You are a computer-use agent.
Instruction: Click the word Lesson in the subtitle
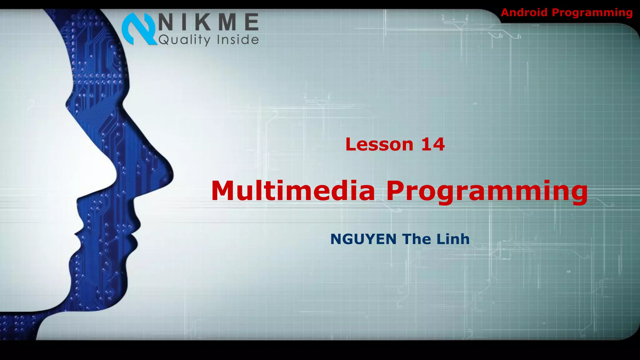pyautogui.click(x=379, y=145)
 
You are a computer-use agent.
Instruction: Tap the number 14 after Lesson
pyautogui.click(x=433, y=145)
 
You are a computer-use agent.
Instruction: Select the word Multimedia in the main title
pyautogui.click(x=293, y=191)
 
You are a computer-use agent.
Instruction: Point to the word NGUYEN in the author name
pyautogui.click(x=363, y=239)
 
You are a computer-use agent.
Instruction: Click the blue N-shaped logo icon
pyautogui.click(x=139, y=29)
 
